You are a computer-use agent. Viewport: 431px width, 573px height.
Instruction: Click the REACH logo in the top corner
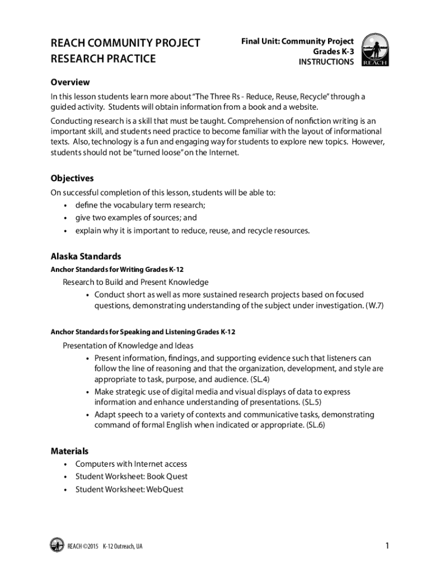[374, 49]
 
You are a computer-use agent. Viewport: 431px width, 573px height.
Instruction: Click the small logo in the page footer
[57, 545]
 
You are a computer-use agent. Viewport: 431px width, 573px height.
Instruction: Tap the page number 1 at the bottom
[387, 546]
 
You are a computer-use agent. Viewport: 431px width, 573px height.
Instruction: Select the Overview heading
[70, 82]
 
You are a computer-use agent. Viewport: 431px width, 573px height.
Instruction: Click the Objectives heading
[72, 178]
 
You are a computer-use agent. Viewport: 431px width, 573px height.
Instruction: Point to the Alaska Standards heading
[86, 256]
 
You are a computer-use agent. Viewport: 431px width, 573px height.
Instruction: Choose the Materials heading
[69, 450]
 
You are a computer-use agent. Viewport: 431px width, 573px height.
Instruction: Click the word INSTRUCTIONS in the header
[326, 62]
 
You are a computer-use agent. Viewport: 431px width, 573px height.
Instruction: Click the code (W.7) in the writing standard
[372, 306]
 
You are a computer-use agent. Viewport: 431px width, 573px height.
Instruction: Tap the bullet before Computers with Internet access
[65, 464]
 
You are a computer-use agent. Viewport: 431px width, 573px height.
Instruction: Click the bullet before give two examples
[65, 218]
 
